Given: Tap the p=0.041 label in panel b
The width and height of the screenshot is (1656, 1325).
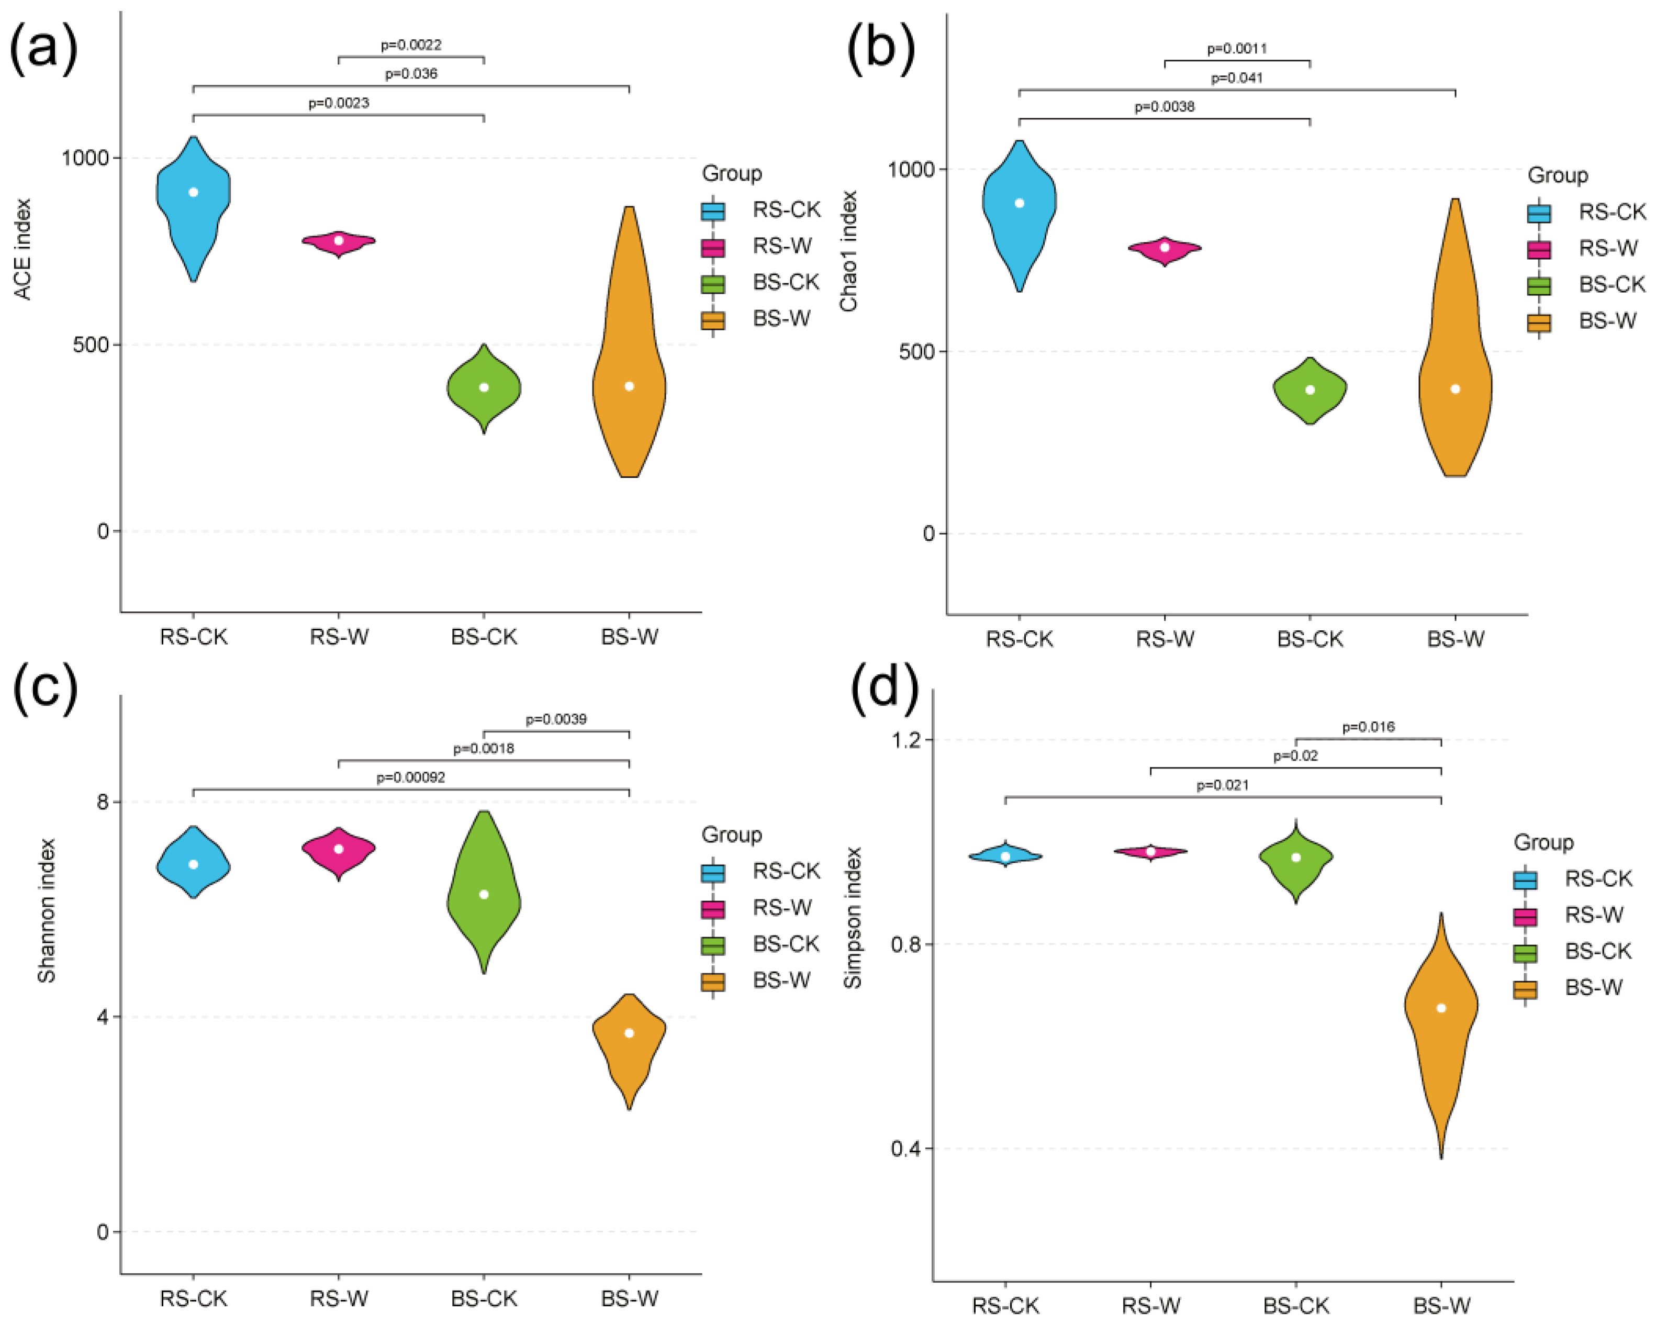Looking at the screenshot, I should [x=1237, y=77].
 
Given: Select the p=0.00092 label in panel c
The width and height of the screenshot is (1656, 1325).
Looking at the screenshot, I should [x=410, y=777].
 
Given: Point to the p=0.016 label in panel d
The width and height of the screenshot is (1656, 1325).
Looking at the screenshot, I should [x=1368, y=727].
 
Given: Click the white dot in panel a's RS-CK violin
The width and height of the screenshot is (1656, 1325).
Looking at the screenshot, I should [x=194, y=192].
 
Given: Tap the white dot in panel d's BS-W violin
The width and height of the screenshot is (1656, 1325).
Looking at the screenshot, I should [x=1441, y=1008].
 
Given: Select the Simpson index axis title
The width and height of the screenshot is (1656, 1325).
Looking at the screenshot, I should [x=853, y=918].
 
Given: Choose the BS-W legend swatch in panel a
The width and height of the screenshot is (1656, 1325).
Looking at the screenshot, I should [x=713, y=319].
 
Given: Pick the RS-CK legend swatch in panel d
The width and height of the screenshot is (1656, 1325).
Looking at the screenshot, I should [x=1525, y=879].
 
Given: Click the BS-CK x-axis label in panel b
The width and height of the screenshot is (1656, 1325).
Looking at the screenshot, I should [x=1310, y=639].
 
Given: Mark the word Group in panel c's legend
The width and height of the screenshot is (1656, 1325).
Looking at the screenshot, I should [x=731, y=834].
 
